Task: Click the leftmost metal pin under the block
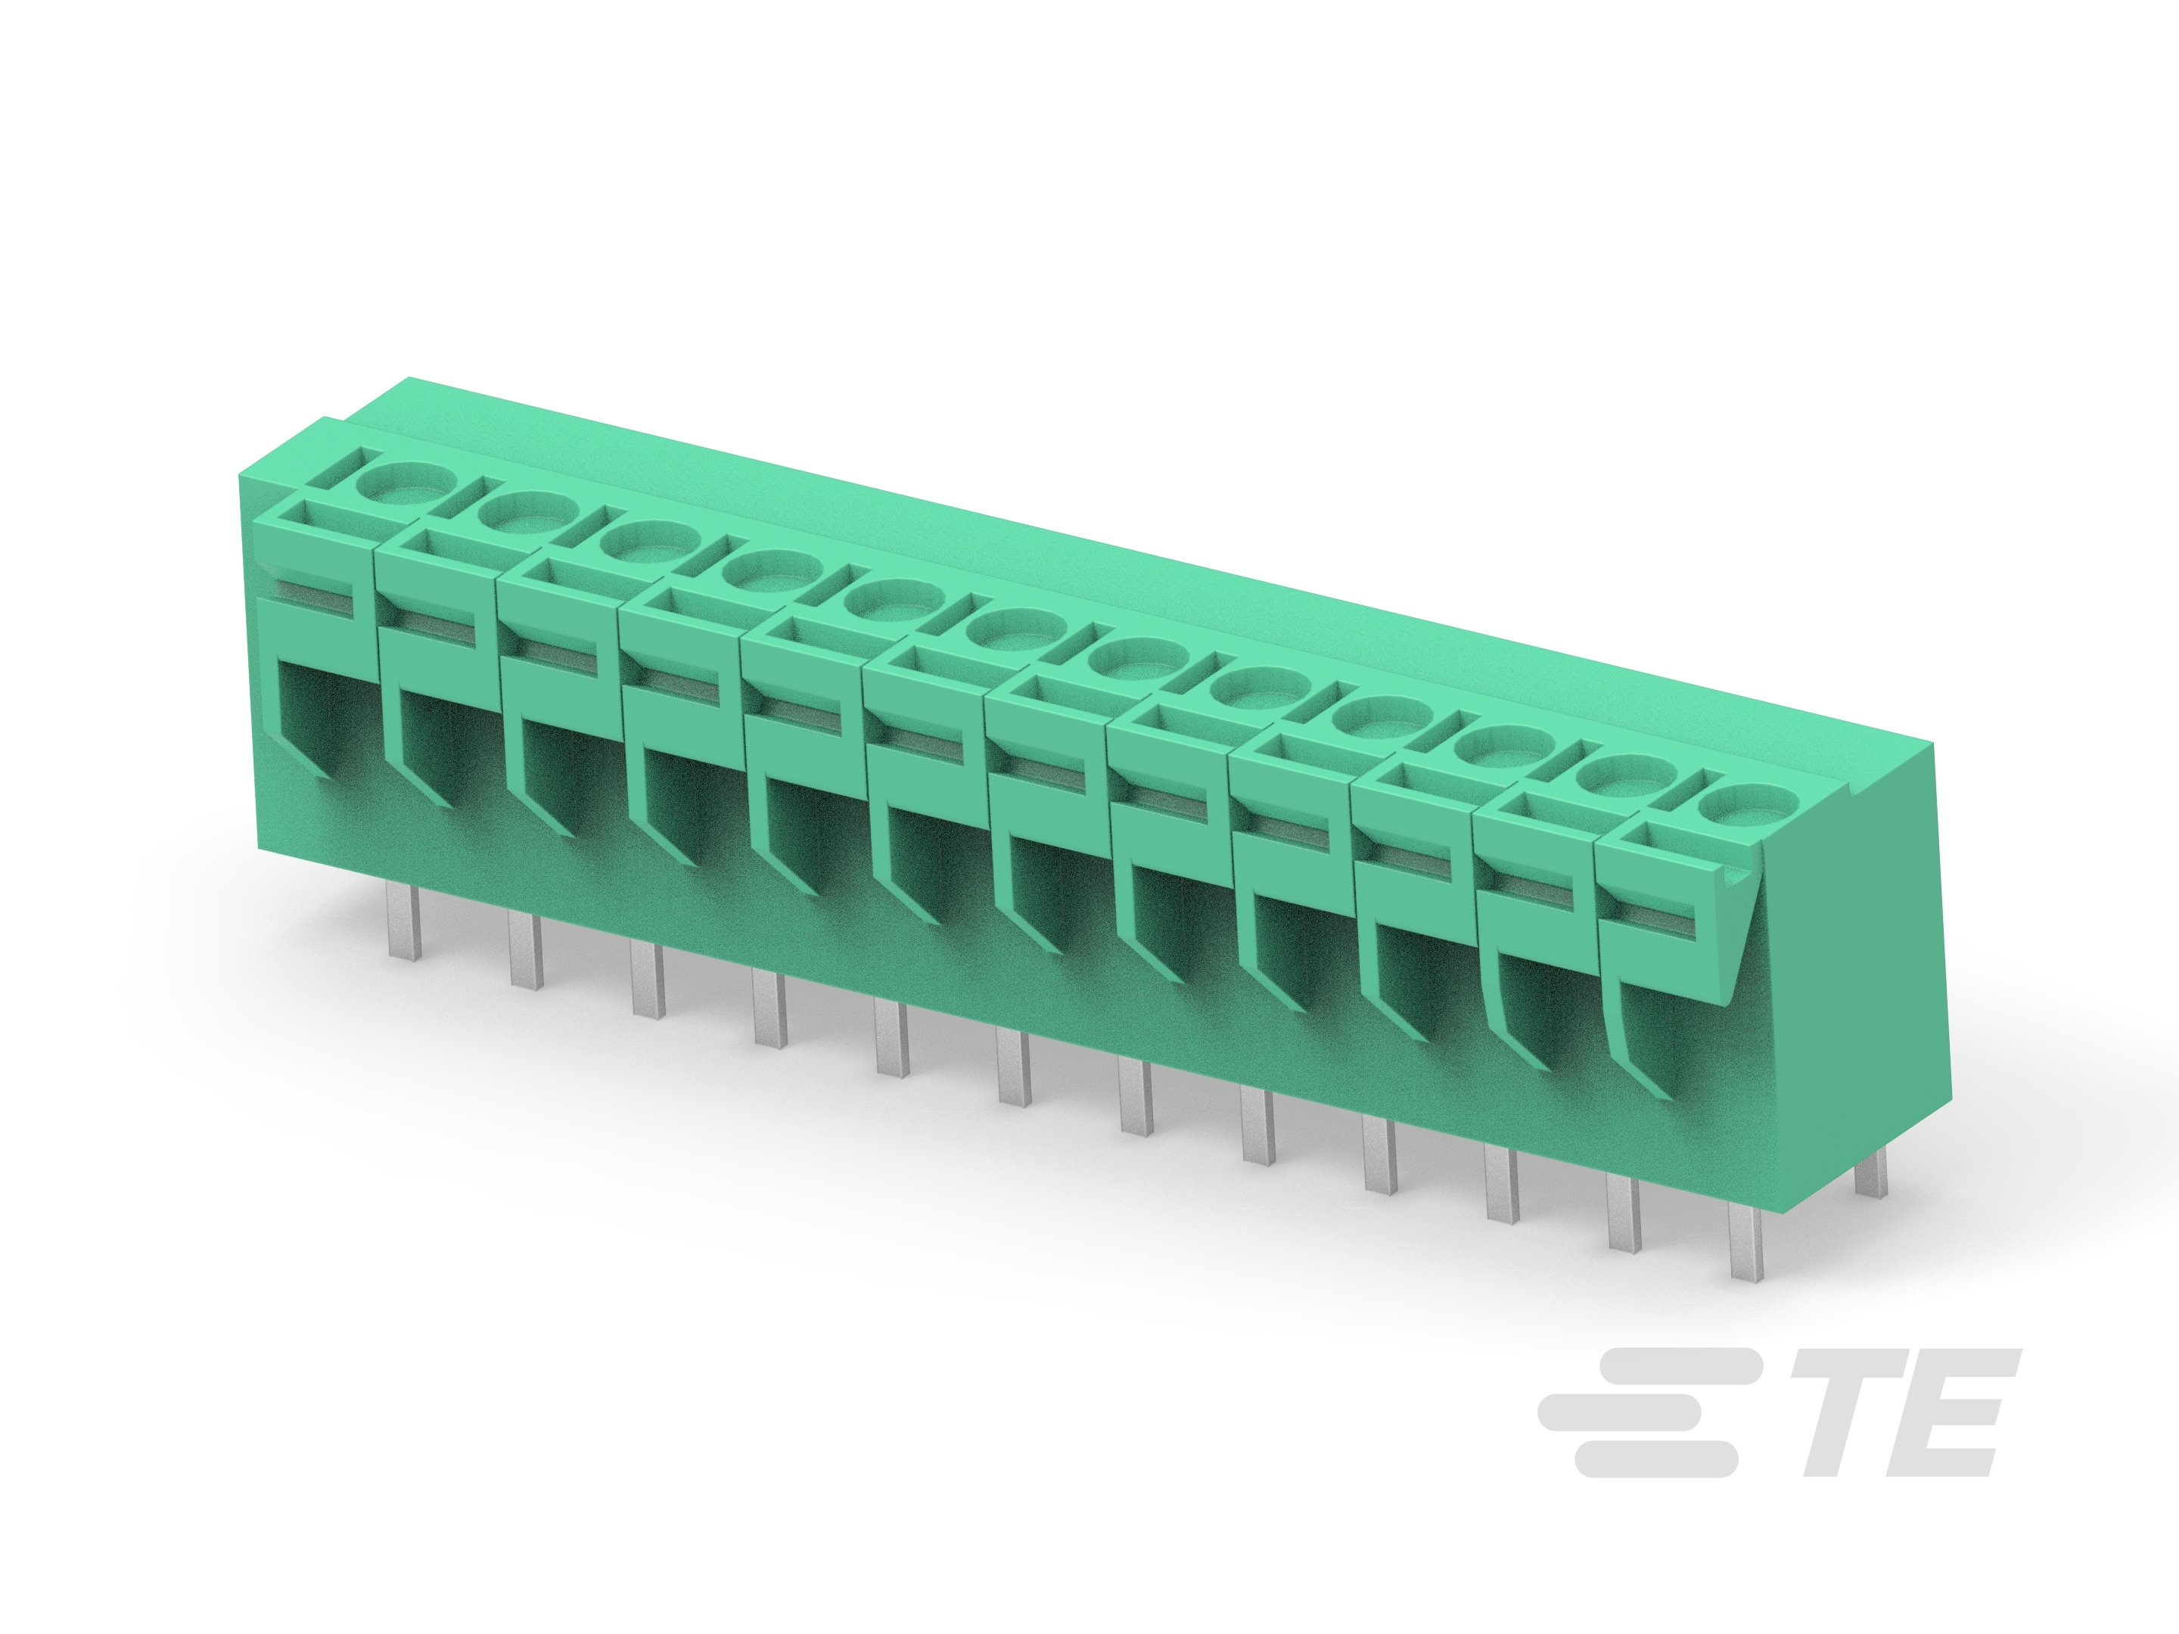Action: (404, 922)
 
